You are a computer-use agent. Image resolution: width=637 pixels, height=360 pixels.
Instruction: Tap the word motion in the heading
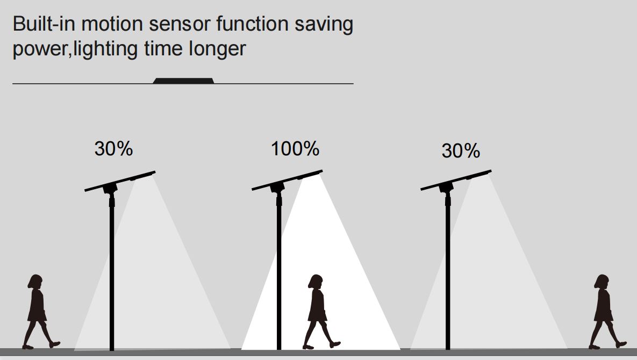pyautogui.click(x=112, y=24)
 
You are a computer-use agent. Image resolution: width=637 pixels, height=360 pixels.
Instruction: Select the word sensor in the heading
pyautogui.click(x=179, y=25)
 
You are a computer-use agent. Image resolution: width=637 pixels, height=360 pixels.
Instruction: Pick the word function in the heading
pyautogui.click(x=252, y=24)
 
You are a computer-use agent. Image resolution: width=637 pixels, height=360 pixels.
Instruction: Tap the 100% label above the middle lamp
pyautogui.click(x=295, y=148)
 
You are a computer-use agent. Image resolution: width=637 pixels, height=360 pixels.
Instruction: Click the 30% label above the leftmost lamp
pyautogui.click(x=113, y=148)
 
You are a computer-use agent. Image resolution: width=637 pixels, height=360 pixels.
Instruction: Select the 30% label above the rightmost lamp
pyautogui.click(x=461, y=150)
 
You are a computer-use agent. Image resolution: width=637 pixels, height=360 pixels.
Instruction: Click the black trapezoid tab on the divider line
pyautogui.click(x=183, y=81)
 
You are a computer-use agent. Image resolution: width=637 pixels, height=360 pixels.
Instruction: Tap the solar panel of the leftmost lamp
pyautogui.click(x=120, y=181)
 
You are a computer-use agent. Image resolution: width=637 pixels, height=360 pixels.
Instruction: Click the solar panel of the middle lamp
pyautogui.click(x=287, y=180)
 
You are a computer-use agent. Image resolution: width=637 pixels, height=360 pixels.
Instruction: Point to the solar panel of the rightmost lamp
pyautogui.click(x=456, y=180)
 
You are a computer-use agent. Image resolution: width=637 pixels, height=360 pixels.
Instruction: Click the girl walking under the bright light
pyautogui.click(x=320, y=311)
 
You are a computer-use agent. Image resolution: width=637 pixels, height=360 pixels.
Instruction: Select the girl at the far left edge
pyautogui.click(x=39, y=311)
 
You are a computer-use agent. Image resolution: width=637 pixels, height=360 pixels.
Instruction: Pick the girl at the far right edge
pyautogui.click(x=606, y=311)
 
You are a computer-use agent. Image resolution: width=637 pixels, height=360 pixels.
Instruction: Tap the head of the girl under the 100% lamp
pyautogui.click(x=316, y=282)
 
